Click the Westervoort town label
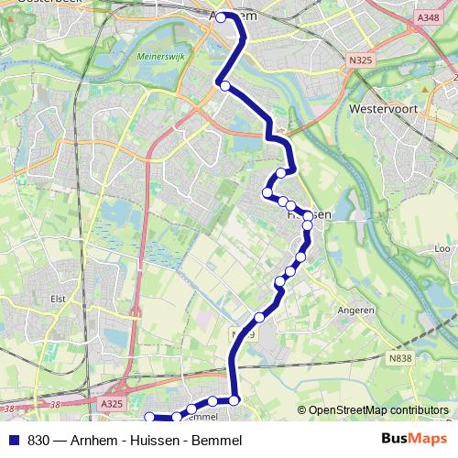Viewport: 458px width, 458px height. (x=384, y=107)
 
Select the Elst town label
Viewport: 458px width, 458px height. (x=60, y=298)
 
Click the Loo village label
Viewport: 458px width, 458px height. (x=442, y=248)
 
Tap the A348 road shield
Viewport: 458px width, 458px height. (x=427, y=17)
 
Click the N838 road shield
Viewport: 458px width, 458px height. (x=398, y=356)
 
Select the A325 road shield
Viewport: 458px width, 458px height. (x=112, y=402)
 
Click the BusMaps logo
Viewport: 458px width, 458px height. (x=416, y=440)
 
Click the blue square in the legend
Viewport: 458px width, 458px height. (x=13, y=440)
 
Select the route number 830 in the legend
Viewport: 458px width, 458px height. (x=38, y=441)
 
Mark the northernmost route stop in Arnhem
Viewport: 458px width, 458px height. (x=221, y=17)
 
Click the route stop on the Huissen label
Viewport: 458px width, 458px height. (x=307, y=224)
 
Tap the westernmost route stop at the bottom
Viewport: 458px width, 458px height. (x=149, y=418)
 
